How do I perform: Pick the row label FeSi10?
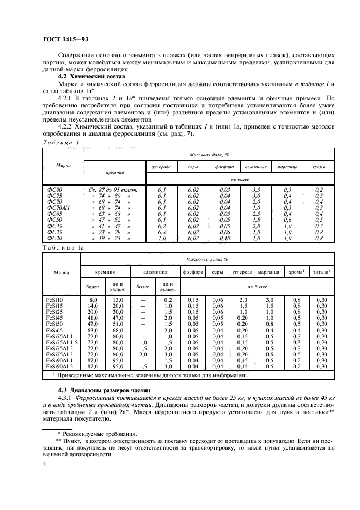[55, 300]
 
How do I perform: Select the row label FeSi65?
[55, 330]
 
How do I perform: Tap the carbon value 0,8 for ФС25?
[162, 232]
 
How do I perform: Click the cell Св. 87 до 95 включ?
[113, 190]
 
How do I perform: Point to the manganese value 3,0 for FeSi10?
[269, 300]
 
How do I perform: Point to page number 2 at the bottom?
[44, 466]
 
